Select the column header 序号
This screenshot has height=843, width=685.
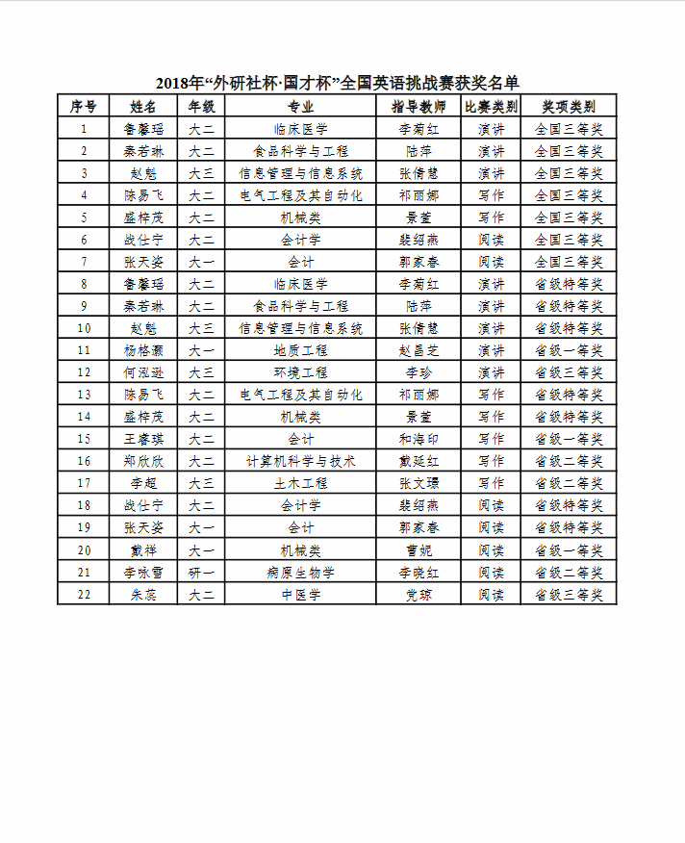click(x=84, y=106)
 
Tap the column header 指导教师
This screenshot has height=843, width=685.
click(x=419, y=106)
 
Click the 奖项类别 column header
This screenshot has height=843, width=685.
click(x=569, y=106)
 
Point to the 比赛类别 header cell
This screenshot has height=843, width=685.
click(x=491, y=106)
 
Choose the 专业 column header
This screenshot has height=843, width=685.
click(x=301, y=106)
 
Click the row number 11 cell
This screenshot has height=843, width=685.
click(x=84, y=350)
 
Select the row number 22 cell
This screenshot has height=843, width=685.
click(x=84, y=594)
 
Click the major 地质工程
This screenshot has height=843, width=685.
click(x=301, y=350)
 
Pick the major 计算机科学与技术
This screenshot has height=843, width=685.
click(x=301, y=461)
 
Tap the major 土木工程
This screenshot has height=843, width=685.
click(x=301, y=483)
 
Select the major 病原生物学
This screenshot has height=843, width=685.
click(x=301, y=572)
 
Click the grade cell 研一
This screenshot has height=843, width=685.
click(x=201, y=572)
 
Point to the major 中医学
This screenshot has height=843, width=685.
click(x=301, y=594)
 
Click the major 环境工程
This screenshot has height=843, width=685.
click(x=301, y=372)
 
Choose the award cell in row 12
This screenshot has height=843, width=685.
click(x=569, y=372)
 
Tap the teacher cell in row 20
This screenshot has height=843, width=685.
click(x=419, y=549)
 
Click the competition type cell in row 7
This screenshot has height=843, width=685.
click(x=491, y=262)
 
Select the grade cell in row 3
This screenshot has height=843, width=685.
click(x=201, y=173)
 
